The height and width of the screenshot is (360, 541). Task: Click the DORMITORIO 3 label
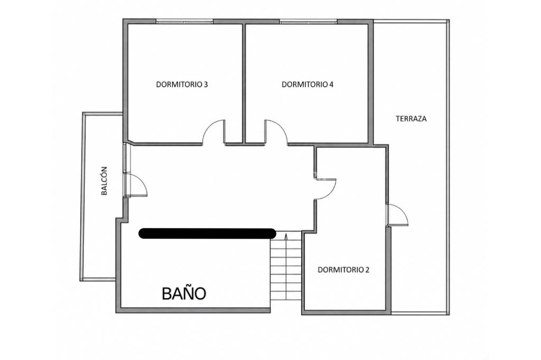(182, 84)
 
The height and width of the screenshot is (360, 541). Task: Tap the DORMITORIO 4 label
(307, 84)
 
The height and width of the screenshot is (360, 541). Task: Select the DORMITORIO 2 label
(343, 270)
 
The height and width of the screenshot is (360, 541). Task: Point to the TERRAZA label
(411, 119)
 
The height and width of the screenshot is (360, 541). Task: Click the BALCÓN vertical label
(104, 181)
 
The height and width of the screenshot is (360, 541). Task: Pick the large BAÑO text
(184, 293)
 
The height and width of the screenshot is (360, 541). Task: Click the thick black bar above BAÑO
(207, 233)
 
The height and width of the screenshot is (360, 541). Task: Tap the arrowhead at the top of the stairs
(286, 236)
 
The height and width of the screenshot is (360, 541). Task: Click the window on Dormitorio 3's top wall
(184, 22)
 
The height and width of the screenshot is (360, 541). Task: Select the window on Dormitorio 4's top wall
(308, 22)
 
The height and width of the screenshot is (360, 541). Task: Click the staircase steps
(286, 270)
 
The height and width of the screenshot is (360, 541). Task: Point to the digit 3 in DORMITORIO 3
(206, 84)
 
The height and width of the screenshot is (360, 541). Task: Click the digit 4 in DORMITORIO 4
(331, 84)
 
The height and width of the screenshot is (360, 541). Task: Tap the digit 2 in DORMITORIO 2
(367, 270)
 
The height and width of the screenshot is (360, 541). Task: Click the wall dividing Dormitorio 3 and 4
(244, 83)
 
